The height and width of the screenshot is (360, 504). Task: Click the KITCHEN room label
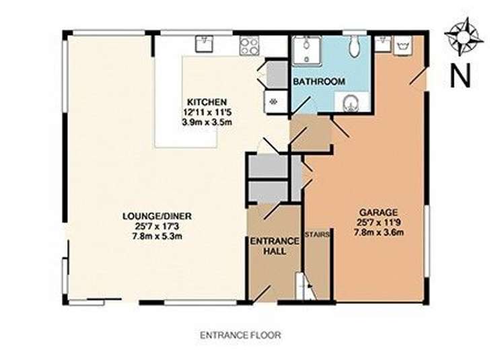point(207,102)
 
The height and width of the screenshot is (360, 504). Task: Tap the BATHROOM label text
point(319,81)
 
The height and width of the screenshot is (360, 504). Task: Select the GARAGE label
point(378,213)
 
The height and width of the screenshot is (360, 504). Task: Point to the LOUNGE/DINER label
point(157,216)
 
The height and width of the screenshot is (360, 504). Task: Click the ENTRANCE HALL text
point(275,246)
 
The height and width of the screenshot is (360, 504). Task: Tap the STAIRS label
point(317,235)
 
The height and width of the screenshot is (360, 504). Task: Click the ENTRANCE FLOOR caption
point(240,336)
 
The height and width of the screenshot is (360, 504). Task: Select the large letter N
point(460,75)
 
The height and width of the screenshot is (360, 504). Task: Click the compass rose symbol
point(464,36)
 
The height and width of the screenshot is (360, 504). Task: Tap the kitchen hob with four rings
point(250,45)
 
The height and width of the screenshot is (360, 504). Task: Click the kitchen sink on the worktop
point(205,44)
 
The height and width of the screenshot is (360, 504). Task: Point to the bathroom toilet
point(355,47)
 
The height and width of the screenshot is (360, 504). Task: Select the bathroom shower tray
point(307,51)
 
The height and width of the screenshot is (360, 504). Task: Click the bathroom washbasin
point(351,103)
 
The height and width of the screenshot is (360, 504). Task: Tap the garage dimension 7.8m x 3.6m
point(379,232)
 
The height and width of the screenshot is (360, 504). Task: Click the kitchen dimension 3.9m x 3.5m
point(207,122)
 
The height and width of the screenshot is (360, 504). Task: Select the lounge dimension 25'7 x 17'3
point(157,226)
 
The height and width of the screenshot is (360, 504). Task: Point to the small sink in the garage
point(382,44)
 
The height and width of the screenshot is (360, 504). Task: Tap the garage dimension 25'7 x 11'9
point(378,222)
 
